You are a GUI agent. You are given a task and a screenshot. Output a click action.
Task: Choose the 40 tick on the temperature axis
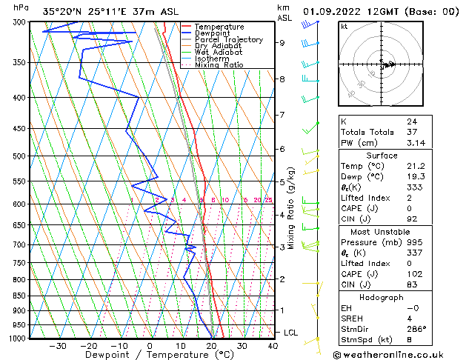pyautogui.click(x=273, y=345)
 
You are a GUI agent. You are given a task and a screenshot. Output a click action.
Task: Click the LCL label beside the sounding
pyautogui.click(x=290, y=333)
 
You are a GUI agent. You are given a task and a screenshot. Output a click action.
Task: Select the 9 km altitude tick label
pyautogui.click(x=282, y=43)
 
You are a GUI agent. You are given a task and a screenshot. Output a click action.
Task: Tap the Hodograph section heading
pyautogui.click(x=382, y=297)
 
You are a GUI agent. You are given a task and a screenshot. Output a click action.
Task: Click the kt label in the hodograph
pyautogui.click(x=344, y=26)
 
